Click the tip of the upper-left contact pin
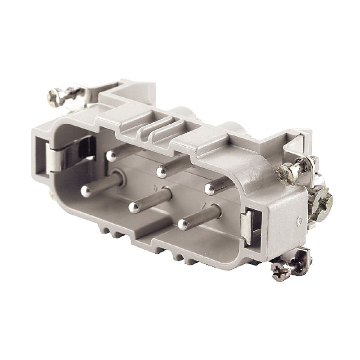pyautogui.click(x=111, y=156)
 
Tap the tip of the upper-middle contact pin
pyautogui.click(x=161, y=171)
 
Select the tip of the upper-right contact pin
pyautogui.click(x=210, y=189)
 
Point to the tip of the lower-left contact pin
pyautogui.click(x=86, y=191)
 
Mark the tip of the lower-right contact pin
pyautogui.click(x=183, y=224)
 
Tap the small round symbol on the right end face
pyautogui.click(x=298, y=220)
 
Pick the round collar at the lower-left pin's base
pyautogui.click(x=119, y=177)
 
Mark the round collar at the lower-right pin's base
pyautogui.click(x=217, y=211)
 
